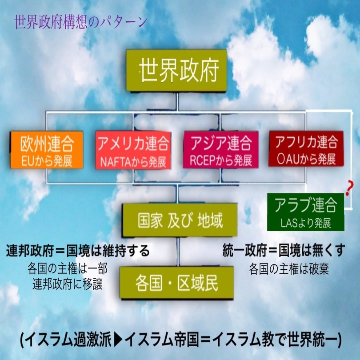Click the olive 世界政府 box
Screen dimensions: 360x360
(x=177, y=71)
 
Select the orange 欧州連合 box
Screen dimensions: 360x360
(x=47, y=150)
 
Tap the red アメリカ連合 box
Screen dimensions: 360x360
(x=133, y=150)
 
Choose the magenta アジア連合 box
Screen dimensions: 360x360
(x=220, y=149)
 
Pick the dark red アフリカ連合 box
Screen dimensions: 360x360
(x=306, y=149)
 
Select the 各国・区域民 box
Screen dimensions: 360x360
(x=177, y=283)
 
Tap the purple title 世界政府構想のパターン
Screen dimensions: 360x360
(x=80, y=22)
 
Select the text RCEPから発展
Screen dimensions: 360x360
(x=220, y=160)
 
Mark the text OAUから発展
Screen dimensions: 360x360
(x=306, y=158)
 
